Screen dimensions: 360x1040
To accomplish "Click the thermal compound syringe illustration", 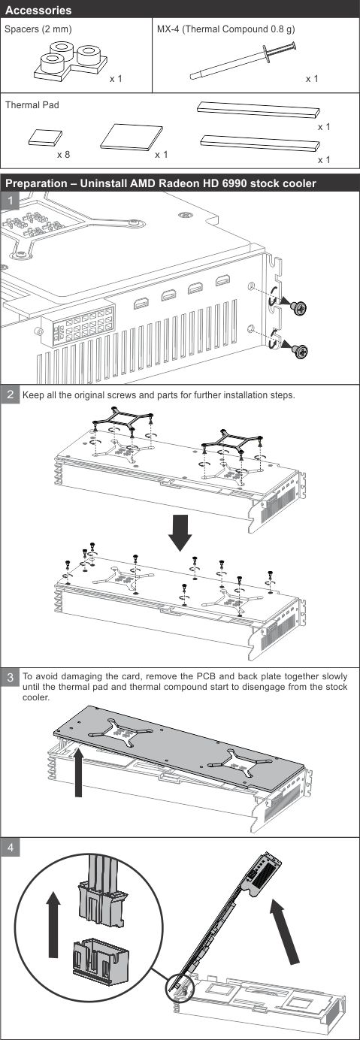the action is (243, 62).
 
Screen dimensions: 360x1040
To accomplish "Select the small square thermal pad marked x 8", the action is (45, 138).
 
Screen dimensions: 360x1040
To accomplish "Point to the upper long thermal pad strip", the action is (259, 110).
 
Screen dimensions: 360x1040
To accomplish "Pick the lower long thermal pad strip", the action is (260, 143).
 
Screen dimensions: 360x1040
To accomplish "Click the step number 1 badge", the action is (10, 201).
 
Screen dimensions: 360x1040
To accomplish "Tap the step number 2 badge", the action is (10, 395).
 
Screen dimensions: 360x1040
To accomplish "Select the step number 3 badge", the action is (10, 677).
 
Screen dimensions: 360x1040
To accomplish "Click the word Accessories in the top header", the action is (38, 10).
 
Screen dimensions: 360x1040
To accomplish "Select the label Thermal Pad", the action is (32, 105).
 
